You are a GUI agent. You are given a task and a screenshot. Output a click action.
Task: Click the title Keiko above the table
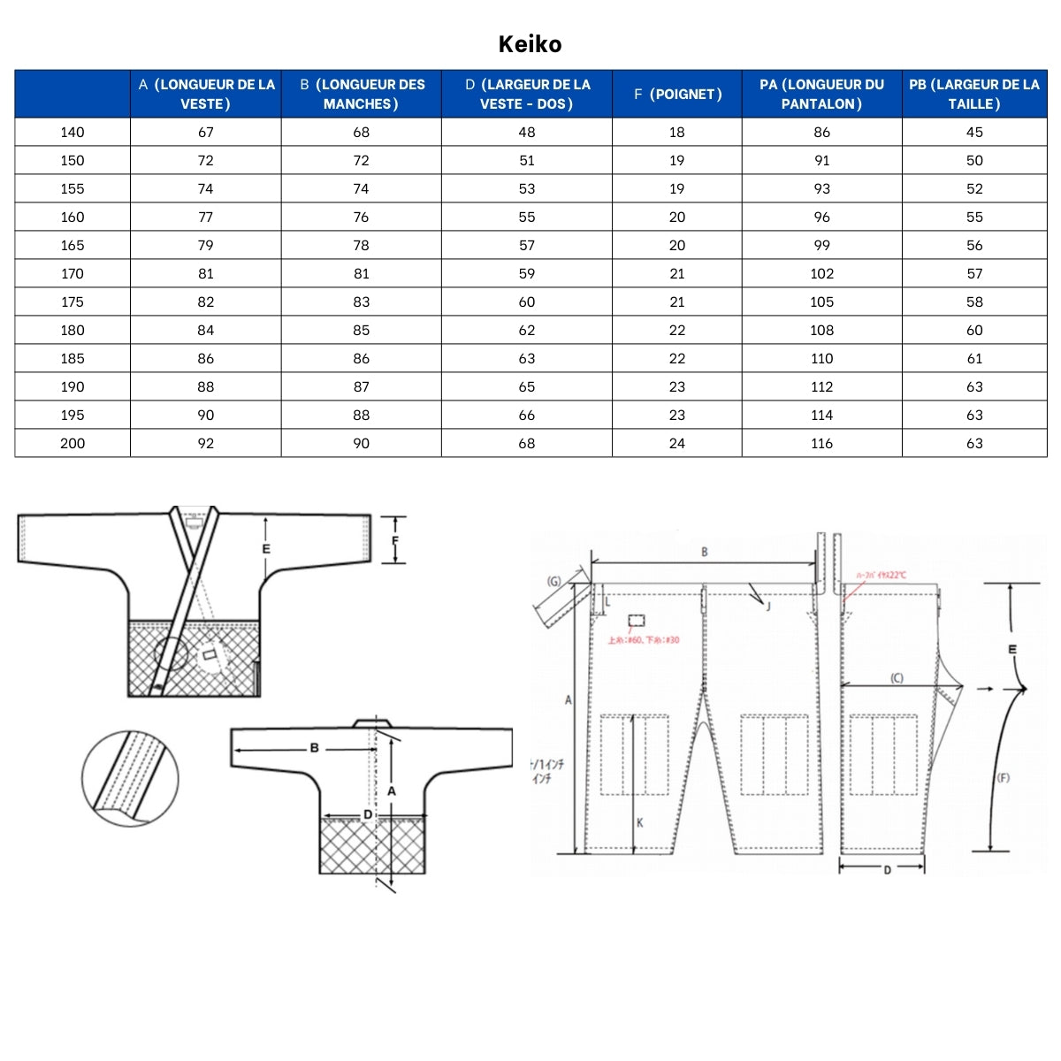[x=530, y=44]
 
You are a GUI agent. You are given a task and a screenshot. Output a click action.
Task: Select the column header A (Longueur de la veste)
[x=206, y=94]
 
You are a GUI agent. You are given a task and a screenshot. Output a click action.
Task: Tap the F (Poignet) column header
[x=677, y=94]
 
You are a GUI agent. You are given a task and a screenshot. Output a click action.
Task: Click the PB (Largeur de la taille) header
[x=974, y=94]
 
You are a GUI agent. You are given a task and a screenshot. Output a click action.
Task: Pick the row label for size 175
[x=73, y=302]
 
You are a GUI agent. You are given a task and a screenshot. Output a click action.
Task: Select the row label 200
[x=73, y=443]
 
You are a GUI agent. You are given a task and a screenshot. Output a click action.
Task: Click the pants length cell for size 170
[x=821, y=273]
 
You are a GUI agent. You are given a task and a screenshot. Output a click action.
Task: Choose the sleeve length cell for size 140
[x=361, y=132]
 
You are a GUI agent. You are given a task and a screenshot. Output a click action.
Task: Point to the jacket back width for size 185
[x=527, y=358]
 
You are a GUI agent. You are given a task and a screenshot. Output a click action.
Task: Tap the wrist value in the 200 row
[x=677, y=443]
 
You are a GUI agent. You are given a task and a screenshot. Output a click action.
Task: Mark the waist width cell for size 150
[x=974, y=160]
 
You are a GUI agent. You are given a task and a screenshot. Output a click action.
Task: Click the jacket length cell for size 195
[x=206, y=415]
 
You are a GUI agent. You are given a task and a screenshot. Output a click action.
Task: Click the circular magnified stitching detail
[x=130, y=778]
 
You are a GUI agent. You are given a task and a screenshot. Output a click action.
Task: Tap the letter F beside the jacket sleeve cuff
[x=395, y=540]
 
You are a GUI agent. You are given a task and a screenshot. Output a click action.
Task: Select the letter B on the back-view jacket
[x=314, y=748]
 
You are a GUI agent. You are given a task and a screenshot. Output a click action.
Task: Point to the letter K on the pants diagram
[x=640, y=822]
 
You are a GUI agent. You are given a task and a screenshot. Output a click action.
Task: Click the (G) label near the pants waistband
[x=554, y=581]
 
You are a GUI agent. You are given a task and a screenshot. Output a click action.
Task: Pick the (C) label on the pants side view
[x=897, y=678]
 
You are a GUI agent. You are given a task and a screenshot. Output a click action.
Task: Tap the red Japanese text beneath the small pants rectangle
[x=644, y=640]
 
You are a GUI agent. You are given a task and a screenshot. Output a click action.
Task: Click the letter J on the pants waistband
[x=767, y=606]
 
